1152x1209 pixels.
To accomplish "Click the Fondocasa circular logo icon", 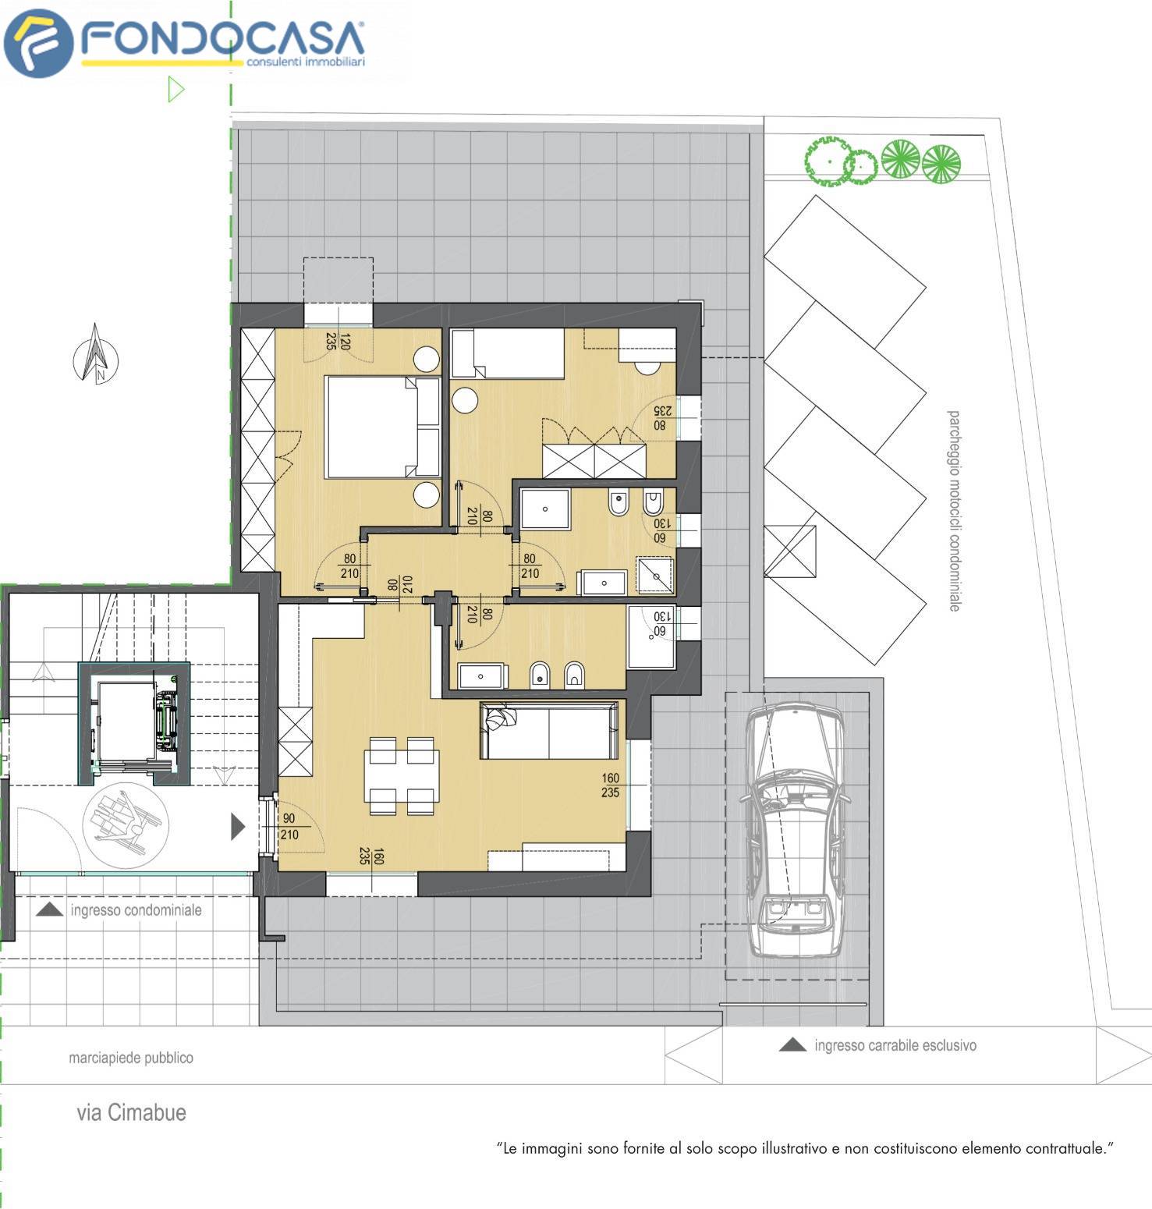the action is [x=39, y=44].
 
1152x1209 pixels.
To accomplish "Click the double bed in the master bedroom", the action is [x=382, y=427].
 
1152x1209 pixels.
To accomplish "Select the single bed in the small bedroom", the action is [x=507, y=353].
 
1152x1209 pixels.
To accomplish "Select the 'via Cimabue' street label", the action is [x=131, y=1112].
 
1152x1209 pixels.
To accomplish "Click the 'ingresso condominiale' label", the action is [x=136, y=910].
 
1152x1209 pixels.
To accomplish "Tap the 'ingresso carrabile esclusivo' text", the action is [x=895, y=1045].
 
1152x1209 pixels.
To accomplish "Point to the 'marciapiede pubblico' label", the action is [x=131, y=1058].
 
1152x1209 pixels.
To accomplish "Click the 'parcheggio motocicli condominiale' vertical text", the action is [x=953, y=510].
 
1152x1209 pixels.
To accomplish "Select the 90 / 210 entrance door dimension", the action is [x=289, y=827].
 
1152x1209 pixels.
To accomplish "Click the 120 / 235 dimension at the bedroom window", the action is [x=338, y=342].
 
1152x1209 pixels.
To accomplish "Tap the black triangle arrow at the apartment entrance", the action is [x=239, y=826].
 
